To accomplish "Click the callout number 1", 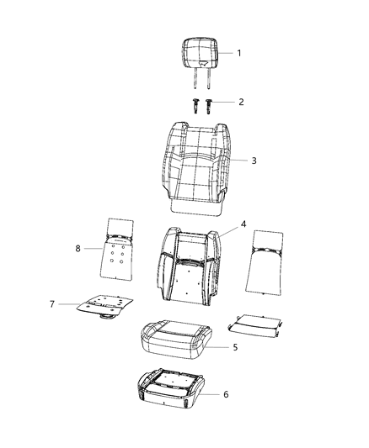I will pyautogui.click(x=238, y=53).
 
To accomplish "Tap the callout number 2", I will pyautogui.click(x=241, y=102).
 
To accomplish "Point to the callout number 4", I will pyautogui.click(x=243, y=224).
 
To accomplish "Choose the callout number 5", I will pyautogui.click(x=235, y=345).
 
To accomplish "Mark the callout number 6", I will pyautogui.click(x=224, y=394).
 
